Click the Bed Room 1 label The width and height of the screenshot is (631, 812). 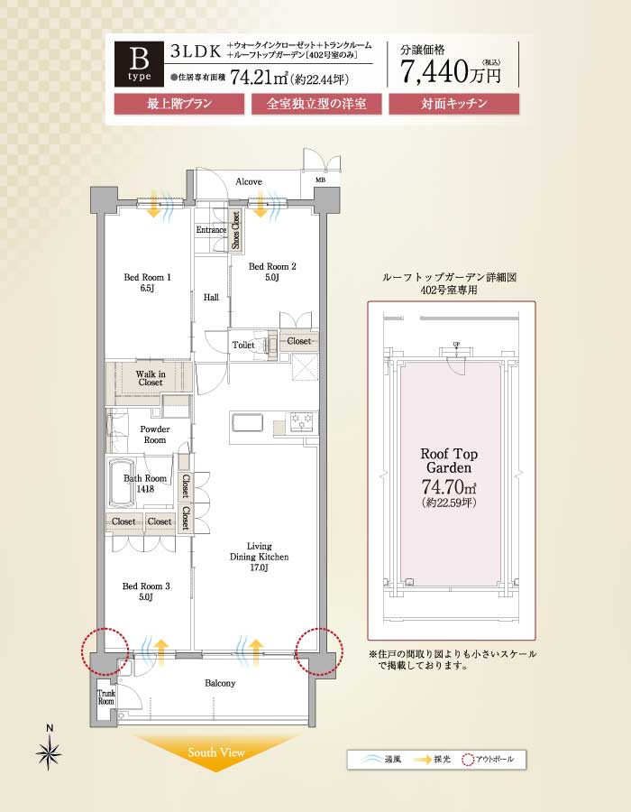pyautogui.click(x=148, y=282)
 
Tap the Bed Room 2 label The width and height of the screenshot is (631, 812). pyautogui.click(x=272, y=272)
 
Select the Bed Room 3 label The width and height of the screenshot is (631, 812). pyautogui.click(x=146, y=591)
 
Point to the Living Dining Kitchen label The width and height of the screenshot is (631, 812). pyautogui.click(x=259, y=557)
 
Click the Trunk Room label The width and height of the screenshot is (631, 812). pyautogui.click(x=106, y=697)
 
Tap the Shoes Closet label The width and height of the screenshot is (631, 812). pyautogui.click(x=236, y=230)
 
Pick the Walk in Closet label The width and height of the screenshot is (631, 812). pyautogui.click(x=151, y=378)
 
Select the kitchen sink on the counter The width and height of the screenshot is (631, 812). pyautogui.click(x=247, y=422)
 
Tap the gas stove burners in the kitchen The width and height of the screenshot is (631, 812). pyautogui.click(x=303, y=421)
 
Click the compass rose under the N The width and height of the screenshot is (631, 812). pyautogui.click(x=50, y=752)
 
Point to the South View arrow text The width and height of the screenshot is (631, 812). pyautogui.click(x=216, y=752)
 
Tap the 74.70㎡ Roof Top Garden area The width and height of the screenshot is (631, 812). pyautogui.click(x=448, y=487)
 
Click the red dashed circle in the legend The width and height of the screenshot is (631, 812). pyautogui.click(x=468, y=760)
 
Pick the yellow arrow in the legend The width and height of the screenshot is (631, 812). pyautogui.click(x=423, y=760)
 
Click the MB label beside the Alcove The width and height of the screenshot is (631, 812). pyautogui.click(x=321, y=180)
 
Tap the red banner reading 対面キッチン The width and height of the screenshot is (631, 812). pyautogui.click(x=454, y=104)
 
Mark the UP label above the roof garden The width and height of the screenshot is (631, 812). pyautogui.click(x=456, y=345)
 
